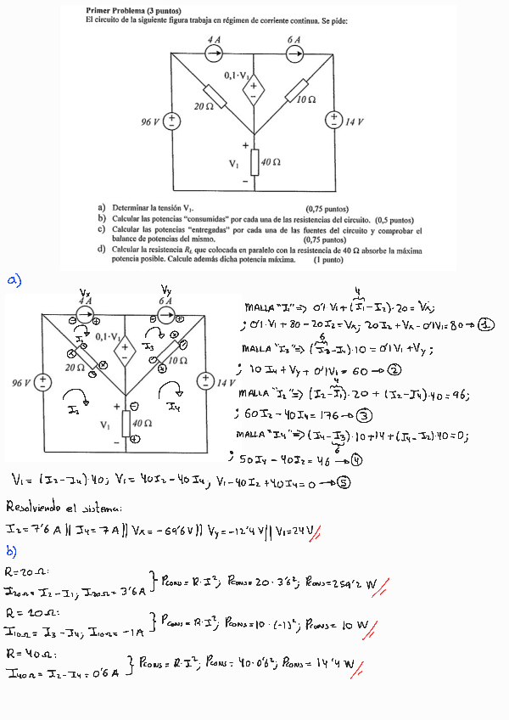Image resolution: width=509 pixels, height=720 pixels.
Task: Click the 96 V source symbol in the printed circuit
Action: [x=171, y=121]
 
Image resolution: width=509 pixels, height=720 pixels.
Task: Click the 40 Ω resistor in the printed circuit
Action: [x=253, y=161]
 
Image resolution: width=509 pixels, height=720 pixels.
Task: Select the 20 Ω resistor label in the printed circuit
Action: [x=202, y=108]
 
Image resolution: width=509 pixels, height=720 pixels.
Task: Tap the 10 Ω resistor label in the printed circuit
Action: [x=307, y=100]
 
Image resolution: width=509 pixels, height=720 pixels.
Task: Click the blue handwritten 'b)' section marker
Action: [x=12, y=549]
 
